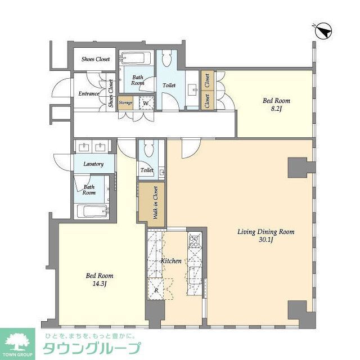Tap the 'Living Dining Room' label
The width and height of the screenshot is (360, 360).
click(x=266, y=232)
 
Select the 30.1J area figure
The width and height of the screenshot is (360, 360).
click(x=267, y=240)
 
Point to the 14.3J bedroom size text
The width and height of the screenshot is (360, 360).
click(x=100, y=284)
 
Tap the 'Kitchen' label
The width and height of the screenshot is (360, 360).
click(x=172, y=262)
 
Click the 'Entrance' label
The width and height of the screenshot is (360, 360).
click(x=89, y=94)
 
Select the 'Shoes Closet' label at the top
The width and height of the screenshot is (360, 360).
click(x=96, y=59)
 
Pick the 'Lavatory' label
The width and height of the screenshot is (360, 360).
click(x=93, y=164)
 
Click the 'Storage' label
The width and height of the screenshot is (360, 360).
click(x=125, y=103)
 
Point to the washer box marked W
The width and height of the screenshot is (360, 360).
click(x=145, y=103)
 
